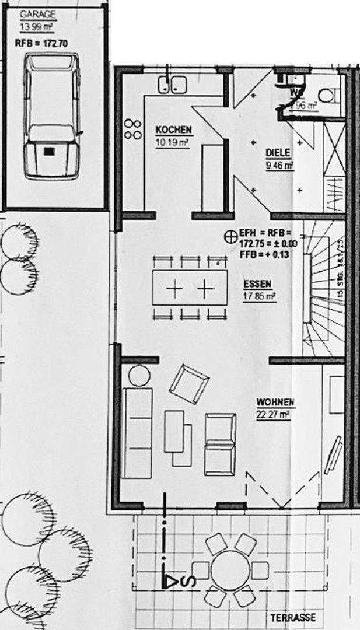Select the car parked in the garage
click(51, 116)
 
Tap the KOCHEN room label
click(173, 130)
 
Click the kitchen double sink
click(171, 85)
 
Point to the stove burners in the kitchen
click(133, 129)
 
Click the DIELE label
click(278, 153)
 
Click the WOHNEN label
click(275, 402)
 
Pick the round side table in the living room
click(139, 374)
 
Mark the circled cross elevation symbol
click(231, 236)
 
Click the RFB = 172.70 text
click(40, 43)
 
